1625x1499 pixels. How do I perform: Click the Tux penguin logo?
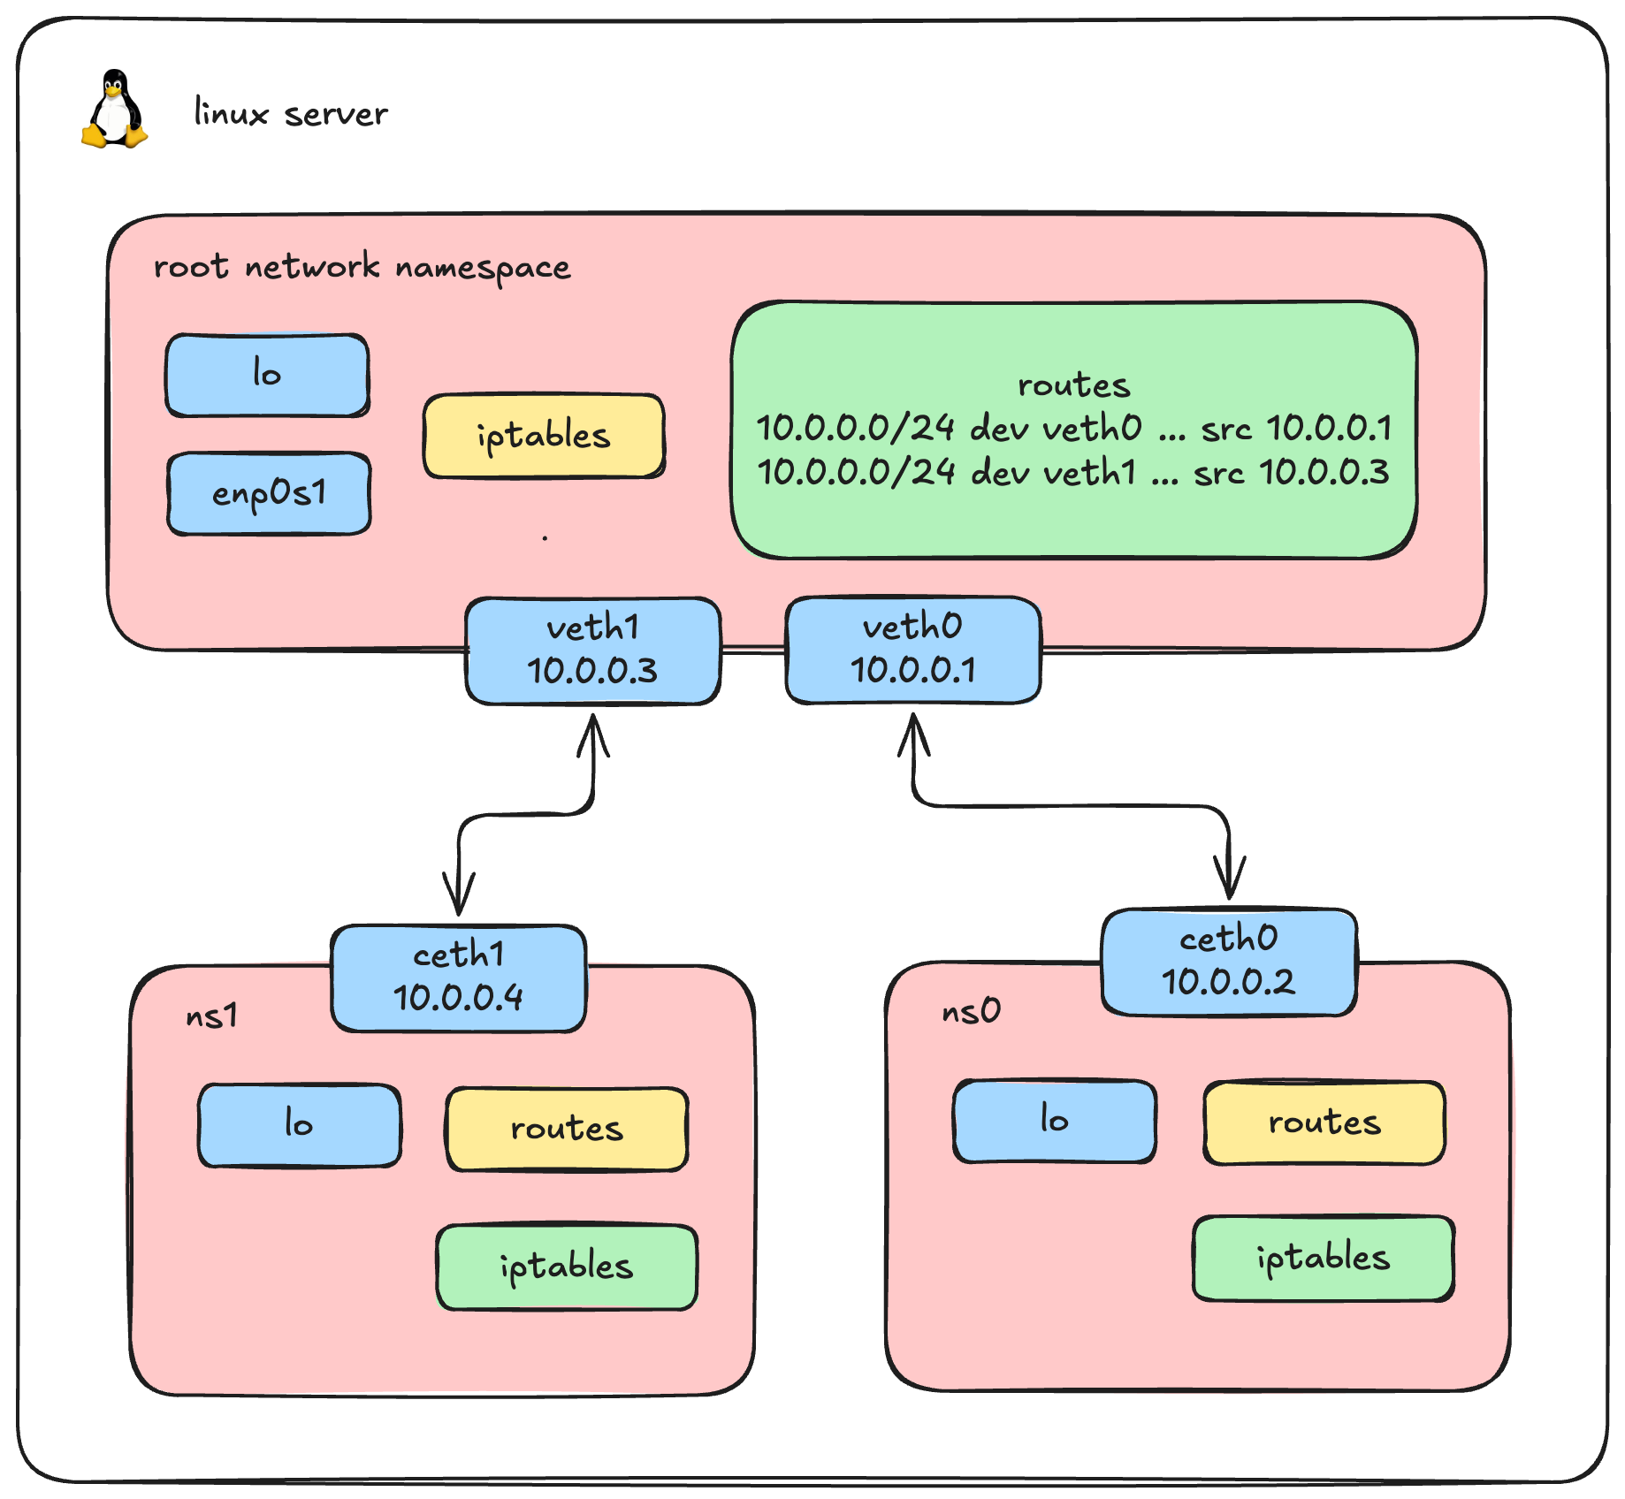tap(114, 110)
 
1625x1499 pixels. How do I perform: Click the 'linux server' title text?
tap(291, 114)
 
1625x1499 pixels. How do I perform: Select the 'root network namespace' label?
tap(362, 267)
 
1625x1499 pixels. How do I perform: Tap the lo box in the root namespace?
tap(267, 375)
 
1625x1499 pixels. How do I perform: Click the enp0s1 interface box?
tap(269, 494)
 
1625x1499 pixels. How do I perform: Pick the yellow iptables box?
tap(544, 436)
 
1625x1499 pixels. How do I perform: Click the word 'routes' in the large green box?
tap(1073, 385)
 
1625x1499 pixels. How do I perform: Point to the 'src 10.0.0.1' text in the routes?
tap(1295, 429)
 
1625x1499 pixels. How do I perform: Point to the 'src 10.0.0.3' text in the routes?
tap(1291, 473)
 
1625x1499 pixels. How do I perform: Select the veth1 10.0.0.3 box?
tap(593, 651)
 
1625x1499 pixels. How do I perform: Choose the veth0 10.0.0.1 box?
tap(912, 650)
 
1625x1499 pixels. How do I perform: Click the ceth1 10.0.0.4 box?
tap(458, 978)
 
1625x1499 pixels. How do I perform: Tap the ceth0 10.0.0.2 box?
tap(1228, 962)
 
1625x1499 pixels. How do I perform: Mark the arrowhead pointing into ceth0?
tap(1229, 884)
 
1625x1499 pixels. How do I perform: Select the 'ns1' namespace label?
tap(212, 1016)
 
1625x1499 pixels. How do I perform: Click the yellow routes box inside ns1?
tap(567, 1130)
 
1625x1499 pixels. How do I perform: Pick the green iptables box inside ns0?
tap(1323, 1258)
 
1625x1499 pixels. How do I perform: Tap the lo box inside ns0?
tap(1054, 1121)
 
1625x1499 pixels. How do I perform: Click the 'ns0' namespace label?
tap(971, 1010)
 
